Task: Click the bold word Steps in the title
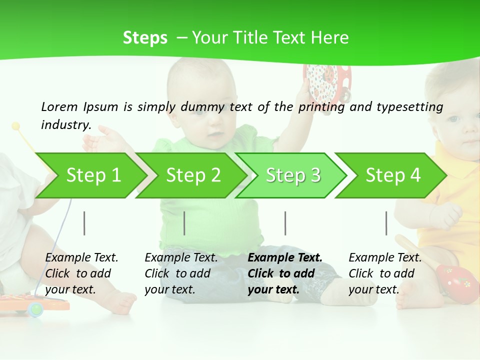tap(145, 38)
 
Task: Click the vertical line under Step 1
tap(84, 223)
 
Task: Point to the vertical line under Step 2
tap(184, 223)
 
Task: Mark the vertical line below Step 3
tap(285, 223)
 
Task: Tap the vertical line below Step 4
tap(386, 223)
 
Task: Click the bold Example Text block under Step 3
tap(285, 273)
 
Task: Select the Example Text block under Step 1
tap(81, 273)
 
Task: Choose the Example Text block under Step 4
tap(385, 273)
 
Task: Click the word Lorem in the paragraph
tap(59, 106)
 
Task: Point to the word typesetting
tap(409, 107)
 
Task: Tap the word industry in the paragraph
tap(65, 125)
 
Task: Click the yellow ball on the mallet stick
tap(16, 126)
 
